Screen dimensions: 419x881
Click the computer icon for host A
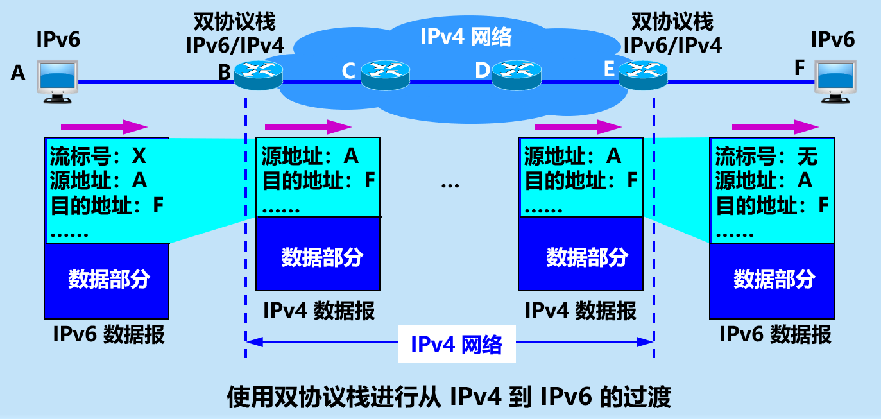tap(58, 81)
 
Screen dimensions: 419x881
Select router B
tap(258, 74)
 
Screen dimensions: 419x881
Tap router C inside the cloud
tap(385, 74)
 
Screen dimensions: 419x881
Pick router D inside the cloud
tap(517, 74)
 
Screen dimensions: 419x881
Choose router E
tap(643, 74)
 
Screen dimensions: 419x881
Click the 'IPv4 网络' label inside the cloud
tap(466, 37)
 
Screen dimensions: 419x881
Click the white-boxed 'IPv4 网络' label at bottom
tap(456, 345)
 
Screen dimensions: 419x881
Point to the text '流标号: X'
tap(98, 156)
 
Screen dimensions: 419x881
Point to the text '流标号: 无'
tap(766, 156)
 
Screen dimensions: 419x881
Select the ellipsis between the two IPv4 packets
tap(450, 185)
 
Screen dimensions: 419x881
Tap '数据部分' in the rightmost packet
tap(774, 279)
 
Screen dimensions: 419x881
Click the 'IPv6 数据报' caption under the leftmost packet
tap(108, 334)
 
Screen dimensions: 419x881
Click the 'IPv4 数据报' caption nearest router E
tap(581, 311)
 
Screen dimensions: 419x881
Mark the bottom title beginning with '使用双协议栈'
tap(449, 398)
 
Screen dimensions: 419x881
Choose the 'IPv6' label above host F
tap(833, 39)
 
